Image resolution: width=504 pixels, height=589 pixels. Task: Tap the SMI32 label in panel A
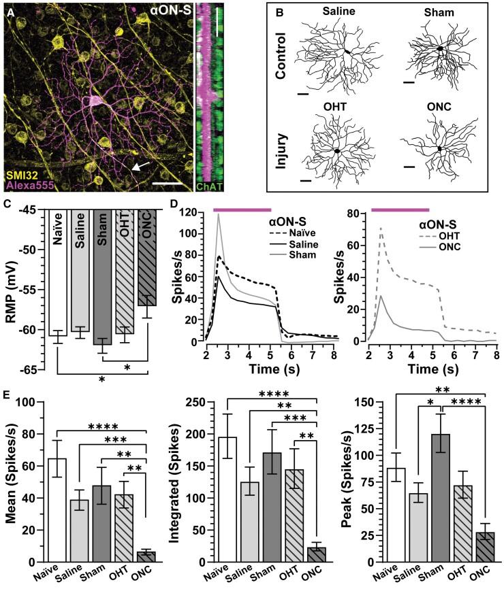click(x=25, y=178)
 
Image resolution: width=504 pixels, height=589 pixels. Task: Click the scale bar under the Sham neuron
click(x=408, y=82)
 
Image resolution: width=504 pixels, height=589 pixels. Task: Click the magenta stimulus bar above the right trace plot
click(x=399, y=210)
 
